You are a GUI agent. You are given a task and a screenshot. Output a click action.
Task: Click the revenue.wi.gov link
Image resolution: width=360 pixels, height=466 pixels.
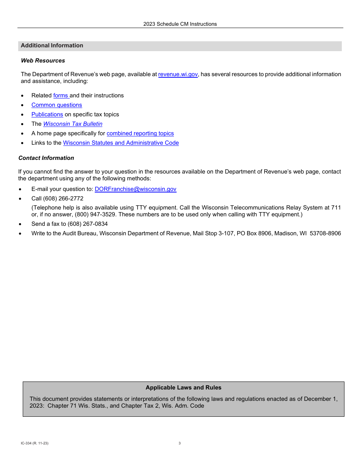point(178,74)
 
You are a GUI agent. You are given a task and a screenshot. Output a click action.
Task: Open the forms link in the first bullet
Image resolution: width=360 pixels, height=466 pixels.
point(61,95)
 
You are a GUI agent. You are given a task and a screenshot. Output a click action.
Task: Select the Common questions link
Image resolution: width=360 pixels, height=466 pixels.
point(56,105)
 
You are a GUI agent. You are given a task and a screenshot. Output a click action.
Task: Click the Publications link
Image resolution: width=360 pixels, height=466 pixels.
point(47,114)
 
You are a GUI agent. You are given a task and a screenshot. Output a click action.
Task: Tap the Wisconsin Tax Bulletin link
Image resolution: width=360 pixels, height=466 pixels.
point(73,124)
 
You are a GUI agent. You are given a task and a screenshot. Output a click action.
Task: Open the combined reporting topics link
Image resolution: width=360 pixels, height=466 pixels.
point(140,133)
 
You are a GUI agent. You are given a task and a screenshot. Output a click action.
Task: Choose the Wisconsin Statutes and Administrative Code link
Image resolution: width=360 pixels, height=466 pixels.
point(121,143)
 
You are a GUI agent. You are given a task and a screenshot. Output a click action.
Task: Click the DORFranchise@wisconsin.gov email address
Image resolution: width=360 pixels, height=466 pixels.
point(135,189)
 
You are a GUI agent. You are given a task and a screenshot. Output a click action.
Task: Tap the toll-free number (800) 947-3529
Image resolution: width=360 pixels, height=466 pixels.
point(95,214)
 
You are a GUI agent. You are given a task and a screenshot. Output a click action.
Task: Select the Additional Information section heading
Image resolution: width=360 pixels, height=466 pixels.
point(52,45)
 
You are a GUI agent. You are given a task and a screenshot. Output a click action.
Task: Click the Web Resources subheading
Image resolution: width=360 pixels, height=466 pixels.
point(43,61)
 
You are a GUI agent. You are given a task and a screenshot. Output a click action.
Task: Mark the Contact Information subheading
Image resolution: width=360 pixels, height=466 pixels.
point(46,158)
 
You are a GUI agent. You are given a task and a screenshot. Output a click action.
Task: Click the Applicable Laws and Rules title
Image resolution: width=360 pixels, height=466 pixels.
point(183,388)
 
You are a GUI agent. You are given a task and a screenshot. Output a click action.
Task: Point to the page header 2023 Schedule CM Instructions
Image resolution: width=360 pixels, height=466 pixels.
point(180,24)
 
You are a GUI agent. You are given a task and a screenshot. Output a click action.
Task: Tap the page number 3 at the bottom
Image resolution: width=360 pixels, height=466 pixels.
point(180,443)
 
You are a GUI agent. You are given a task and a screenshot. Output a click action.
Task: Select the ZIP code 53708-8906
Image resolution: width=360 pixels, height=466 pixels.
point(325,233)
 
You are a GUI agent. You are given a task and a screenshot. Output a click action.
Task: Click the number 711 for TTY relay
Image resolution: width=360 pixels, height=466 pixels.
point(336,208)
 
